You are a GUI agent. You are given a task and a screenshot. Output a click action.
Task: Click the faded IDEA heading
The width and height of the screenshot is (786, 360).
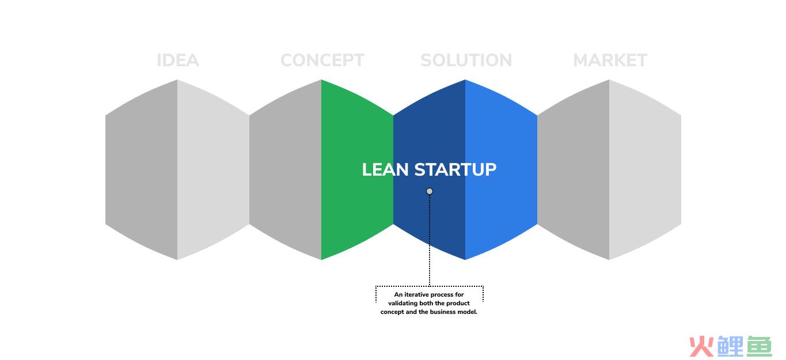click(x=178, y=60)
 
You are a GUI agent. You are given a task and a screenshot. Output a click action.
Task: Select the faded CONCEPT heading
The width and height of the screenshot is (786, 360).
click(x=322, y=60)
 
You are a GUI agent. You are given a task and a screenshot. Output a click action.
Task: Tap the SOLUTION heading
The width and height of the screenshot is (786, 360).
click(x=466, y=60)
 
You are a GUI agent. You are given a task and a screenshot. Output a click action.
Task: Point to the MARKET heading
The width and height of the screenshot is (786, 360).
click(x=610, y=60)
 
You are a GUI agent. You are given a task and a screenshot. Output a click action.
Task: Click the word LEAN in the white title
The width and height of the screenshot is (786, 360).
click(x=385, y=170)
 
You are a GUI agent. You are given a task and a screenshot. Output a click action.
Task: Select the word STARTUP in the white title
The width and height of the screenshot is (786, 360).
click(x=455, y=170)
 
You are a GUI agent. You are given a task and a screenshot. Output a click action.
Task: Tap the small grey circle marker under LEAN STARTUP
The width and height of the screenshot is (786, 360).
click(x=430, y=191)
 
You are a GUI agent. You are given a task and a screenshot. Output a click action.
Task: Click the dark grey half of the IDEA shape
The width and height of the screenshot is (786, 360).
click(x=142, y=170)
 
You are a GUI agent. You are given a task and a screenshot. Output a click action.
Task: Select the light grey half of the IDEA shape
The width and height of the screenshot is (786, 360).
click(x=213, y=170)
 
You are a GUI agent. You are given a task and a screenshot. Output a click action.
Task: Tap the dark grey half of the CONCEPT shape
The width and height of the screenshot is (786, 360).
click(x=285, y=170)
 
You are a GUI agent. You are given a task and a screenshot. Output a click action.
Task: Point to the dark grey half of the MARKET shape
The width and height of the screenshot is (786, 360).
click(x=574, y=170)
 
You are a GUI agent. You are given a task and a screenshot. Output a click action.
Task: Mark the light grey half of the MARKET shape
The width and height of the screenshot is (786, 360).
click(x=645, y=170)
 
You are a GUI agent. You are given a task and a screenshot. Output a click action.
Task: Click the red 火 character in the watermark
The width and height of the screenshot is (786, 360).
click(x=701, y=346)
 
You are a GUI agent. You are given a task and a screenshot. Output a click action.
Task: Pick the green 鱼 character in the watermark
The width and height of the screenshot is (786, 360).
click(x=759, y=346)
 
